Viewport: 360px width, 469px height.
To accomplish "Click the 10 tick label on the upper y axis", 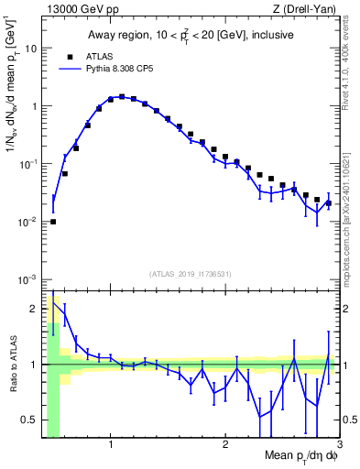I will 30,48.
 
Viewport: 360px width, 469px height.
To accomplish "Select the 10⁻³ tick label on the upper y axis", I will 27,278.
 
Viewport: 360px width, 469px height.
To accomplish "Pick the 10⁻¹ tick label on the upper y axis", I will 27,163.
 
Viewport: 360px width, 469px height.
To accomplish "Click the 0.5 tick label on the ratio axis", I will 28,420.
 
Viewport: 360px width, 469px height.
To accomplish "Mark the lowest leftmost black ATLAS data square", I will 53,221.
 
